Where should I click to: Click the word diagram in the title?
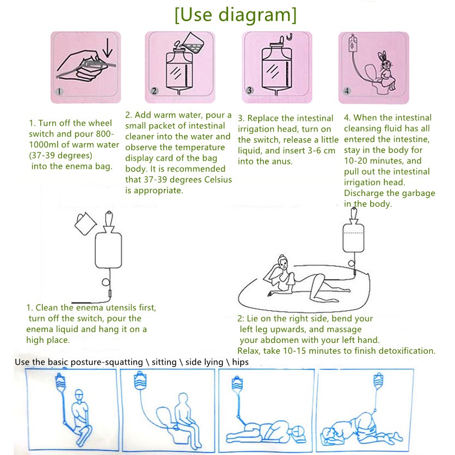255,15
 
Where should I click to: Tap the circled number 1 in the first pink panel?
59,91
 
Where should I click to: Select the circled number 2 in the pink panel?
154,91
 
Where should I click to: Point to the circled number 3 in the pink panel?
249,90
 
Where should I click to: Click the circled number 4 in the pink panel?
347,91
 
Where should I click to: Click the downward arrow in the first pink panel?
108,48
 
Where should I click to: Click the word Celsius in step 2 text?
218,180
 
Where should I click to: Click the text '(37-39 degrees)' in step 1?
60,156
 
